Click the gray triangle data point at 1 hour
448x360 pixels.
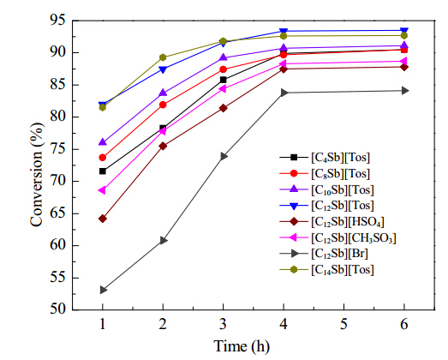pos(103,290)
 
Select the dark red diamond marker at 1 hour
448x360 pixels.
pos(103,219)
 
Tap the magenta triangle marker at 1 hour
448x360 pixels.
pos(102,190)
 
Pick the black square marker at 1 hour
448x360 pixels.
pos(103,171)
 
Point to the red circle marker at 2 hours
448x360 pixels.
pos(163,105)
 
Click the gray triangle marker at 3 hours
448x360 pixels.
pos(224,156)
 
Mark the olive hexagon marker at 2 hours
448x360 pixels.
pos(163,57)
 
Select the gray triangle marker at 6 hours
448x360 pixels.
pos(405,91)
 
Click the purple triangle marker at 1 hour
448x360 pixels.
pos(103,141)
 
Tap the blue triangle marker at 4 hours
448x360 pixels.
pos(284,31)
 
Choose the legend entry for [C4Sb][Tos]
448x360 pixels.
pos(325,157)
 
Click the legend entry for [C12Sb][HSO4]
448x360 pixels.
pos(332,222)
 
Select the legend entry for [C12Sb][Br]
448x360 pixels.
pos(324,254)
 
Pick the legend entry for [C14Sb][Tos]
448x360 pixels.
pos(326,270)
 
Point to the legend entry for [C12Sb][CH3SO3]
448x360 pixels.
pos(338,237)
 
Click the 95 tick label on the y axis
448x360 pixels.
pos(62,20)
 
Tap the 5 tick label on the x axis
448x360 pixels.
pos(343,325)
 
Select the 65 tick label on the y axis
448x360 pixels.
pos(62,213)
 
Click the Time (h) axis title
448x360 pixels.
pos(242,346)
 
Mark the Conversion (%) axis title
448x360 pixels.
pos(37,175)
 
